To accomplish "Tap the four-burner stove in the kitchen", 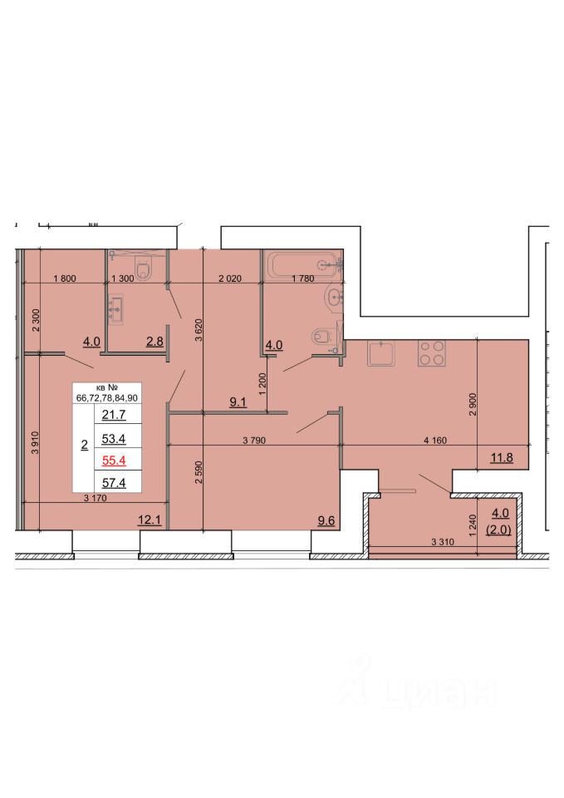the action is (x=432, y=353).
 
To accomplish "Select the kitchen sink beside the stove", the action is (x=381, y=353).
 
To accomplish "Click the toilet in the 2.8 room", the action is (x=144, y=268).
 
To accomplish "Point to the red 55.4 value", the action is (x=114, y=461).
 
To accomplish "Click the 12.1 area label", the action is (x=150, y=520).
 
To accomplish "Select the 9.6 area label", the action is (x=326, y=520).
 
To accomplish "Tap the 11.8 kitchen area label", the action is (x=502, y=457).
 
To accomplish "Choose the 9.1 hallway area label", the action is (x=238, y=402).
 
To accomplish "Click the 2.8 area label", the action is (x=154, y=341).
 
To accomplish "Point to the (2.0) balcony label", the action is (x=498, y=530).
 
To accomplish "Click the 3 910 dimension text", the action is (x=35, y=443).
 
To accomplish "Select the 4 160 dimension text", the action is (x=435, y=441).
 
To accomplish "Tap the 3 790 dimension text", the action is (x=254, y=441).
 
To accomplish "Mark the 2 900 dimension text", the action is (x=473, y=405).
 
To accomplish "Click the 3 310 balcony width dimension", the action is (x=443, y=542).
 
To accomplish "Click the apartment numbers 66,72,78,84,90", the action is (x=107, y=398).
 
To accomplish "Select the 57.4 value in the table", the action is (x=114, y=482).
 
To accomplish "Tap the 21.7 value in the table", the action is (x=114, y=415).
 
